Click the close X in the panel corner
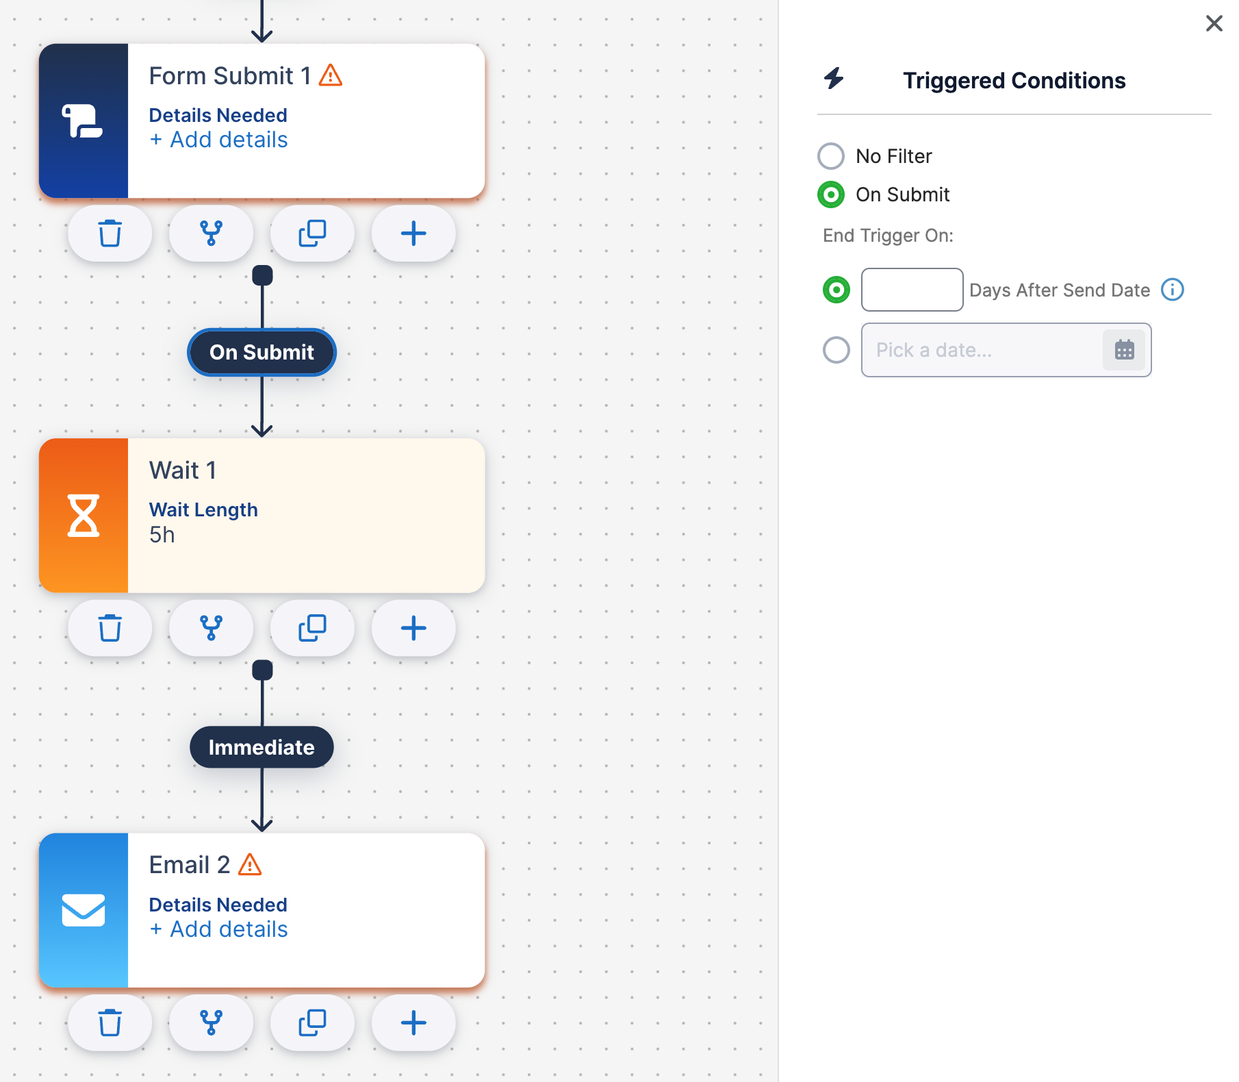point(1214,23)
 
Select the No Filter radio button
point(831,156)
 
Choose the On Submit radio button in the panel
point(831,194)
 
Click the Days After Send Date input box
point(912,290)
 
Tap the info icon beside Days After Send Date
point(1173,290)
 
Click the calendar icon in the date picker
point(1124,350)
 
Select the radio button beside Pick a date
point(836,350)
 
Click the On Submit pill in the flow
point(262,352)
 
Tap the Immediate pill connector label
point(261,747)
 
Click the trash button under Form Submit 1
point(110,234)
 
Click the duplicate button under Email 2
point(312,1023)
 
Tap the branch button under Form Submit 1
point(211,234)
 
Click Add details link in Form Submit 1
point(219,140)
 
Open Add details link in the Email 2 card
point(219,929)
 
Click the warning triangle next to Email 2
point(250,864)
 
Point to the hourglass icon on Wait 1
point(84,516)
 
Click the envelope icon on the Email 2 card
point(84,910)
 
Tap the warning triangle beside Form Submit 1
point(331,75)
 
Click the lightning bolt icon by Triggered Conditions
point(834,78)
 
